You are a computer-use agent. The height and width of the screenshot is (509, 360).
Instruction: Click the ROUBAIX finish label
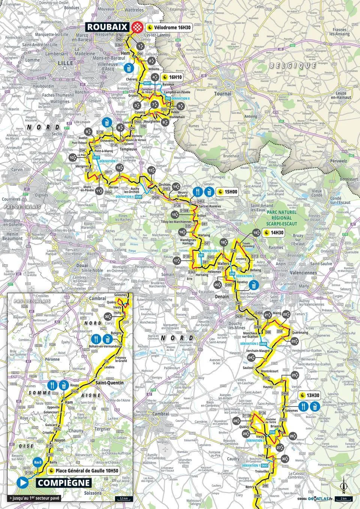coord(108,27)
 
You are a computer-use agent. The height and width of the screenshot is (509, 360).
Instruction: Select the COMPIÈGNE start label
coord(63,483)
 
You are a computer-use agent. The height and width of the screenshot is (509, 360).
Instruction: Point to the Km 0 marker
coord(37,462)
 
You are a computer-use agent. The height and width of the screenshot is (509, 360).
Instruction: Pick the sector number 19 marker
coord(256,233)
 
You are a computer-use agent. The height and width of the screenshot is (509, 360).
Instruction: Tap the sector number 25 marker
coord(294,375)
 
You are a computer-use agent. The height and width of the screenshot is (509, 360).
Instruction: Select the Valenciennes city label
coord(303,273)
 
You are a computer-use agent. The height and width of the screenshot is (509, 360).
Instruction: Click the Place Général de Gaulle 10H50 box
coord(84,470)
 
